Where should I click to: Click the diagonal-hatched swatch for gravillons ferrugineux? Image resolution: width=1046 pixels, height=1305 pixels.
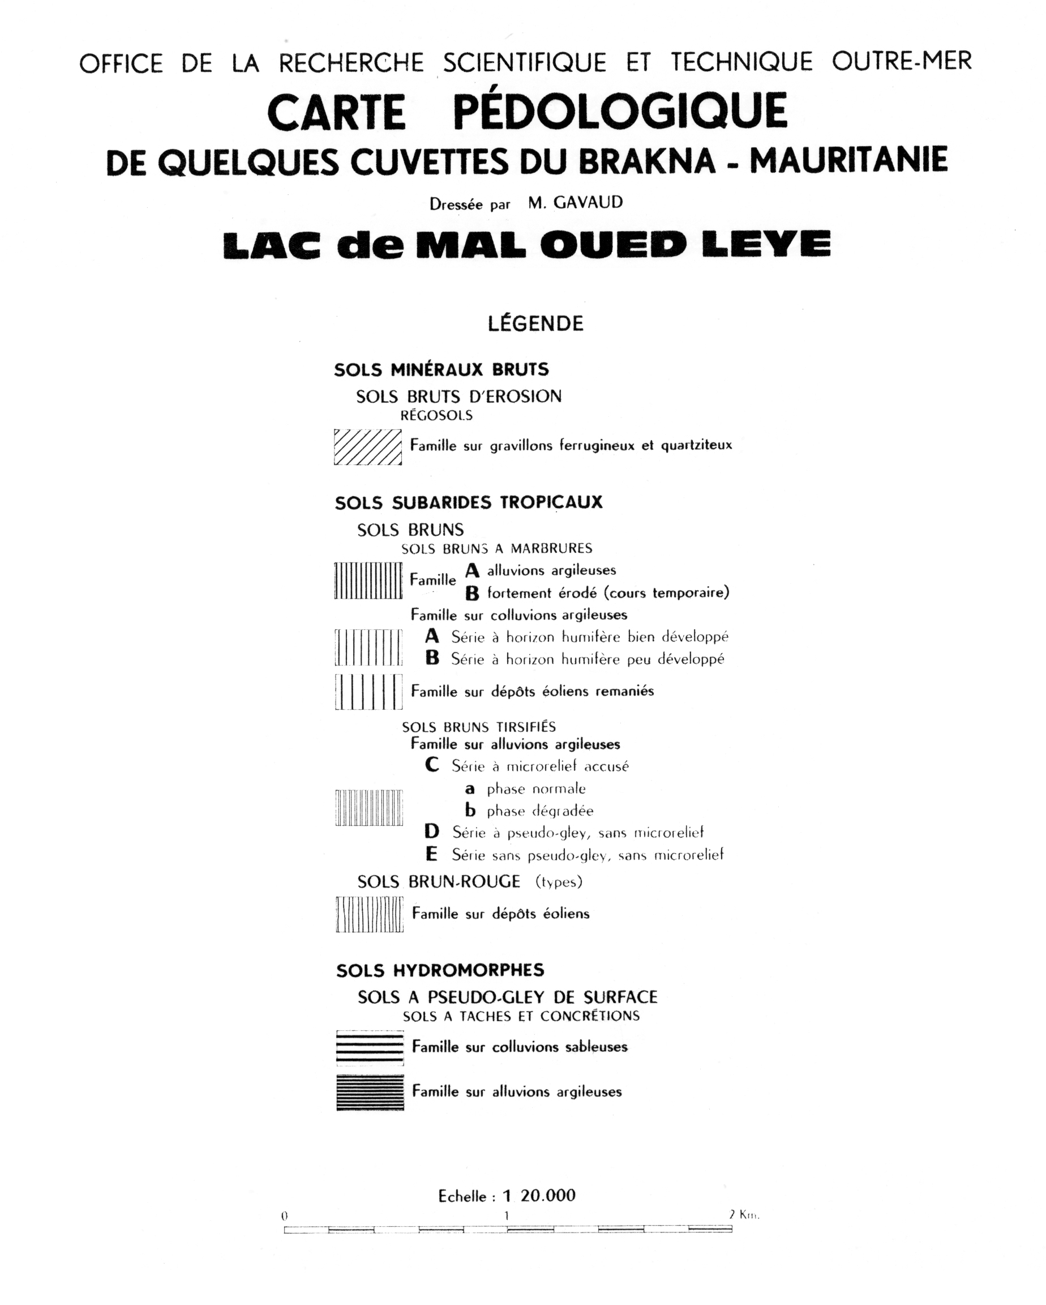(368, 447)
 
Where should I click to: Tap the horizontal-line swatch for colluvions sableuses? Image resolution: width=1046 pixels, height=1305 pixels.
(370, 1047)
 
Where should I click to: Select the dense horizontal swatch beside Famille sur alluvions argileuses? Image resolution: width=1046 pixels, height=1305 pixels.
(370, 1092)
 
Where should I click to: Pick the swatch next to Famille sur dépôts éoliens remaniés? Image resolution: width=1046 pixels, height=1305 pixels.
(368, 691)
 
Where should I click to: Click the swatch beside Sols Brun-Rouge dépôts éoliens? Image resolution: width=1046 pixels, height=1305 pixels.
(369, 914)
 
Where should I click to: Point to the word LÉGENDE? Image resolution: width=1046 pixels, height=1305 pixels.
(535, 323)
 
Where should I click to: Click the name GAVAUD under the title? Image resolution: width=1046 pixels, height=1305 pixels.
(588, 203)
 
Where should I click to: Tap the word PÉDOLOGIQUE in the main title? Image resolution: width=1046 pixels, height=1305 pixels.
(620, 112)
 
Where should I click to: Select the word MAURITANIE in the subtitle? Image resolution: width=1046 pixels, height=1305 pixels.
(848, 160)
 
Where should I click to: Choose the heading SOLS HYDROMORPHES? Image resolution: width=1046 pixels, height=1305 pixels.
(440, 970)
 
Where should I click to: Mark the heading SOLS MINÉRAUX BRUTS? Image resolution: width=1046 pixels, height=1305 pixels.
(441, 369)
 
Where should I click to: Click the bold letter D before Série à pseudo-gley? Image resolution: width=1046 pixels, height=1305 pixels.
(431, 832)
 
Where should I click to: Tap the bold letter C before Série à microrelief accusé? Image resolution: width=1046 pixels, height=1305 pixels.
(431, 765)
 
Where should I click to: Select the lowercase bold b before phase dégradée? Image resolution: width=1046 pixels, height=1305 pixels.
(470, 811)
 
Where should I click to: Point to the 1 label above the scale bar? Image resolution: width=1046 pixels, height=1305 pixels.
(507, 1216)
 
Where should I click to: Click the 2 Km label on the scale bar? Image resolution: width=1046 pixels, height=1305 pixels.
(744, 1214)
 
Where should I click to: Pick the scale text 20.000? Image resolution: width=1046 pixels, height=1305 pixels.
(547, 1196)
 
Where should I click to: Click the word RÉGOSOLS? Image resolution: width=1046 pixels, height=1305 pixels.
(436, 415)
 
